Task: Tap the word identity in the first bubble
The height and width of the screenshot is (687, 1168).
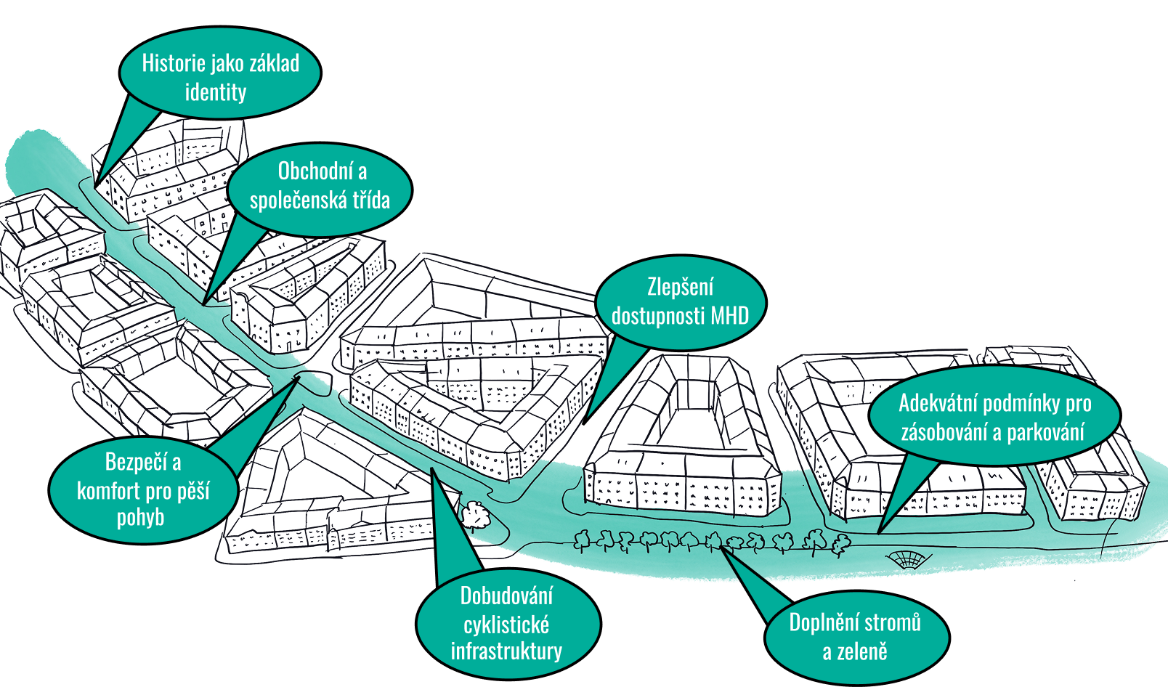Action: [x=216, y=93]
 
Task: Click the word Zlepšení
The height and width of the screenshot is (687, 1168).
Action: [x=680, y=288]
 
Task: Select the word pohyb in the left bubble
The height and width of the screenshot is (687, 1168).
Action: [x=140, y=519]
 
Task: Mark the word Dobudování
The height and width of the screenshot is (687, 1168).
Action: [x=506, y=596]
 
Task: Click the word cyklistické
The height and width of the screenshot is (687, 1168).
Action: [x=506, y=625]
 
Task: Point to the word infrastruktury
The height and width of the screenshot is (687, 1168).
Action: [x=506, y=651]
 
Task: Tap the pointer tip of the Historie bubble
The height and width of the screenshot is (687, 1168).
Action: [x=96, y=187]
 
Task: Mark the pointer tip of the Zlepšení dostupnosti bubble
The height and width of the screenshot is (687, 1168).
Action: [x=585, y=423]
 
